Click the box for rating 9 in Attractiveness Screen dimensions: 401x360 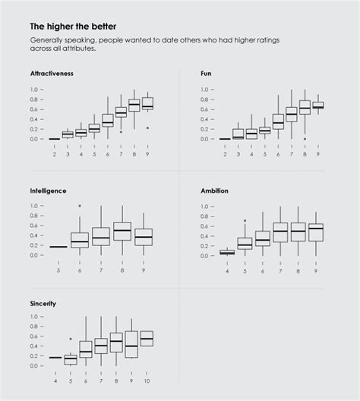coord(147,103)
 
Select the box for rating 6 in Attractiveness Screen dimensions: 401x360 coord(107,120)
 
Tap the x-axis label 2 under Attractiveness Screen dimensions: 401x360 coord(55,154)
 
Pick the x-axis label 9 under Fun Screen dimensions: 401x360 coord(318,154)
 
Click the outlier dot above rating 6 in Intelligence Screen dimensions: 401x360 coord(80,206)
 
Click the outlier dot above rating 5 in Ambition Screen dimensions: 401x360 coord(245,220)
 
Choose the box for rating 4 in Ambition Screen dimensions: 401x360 coord(226,252)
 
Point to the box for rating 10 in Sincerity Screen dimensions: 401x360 coord(147,337)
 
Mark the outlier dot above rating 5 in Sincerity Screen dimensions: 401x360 coord(71,339)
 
